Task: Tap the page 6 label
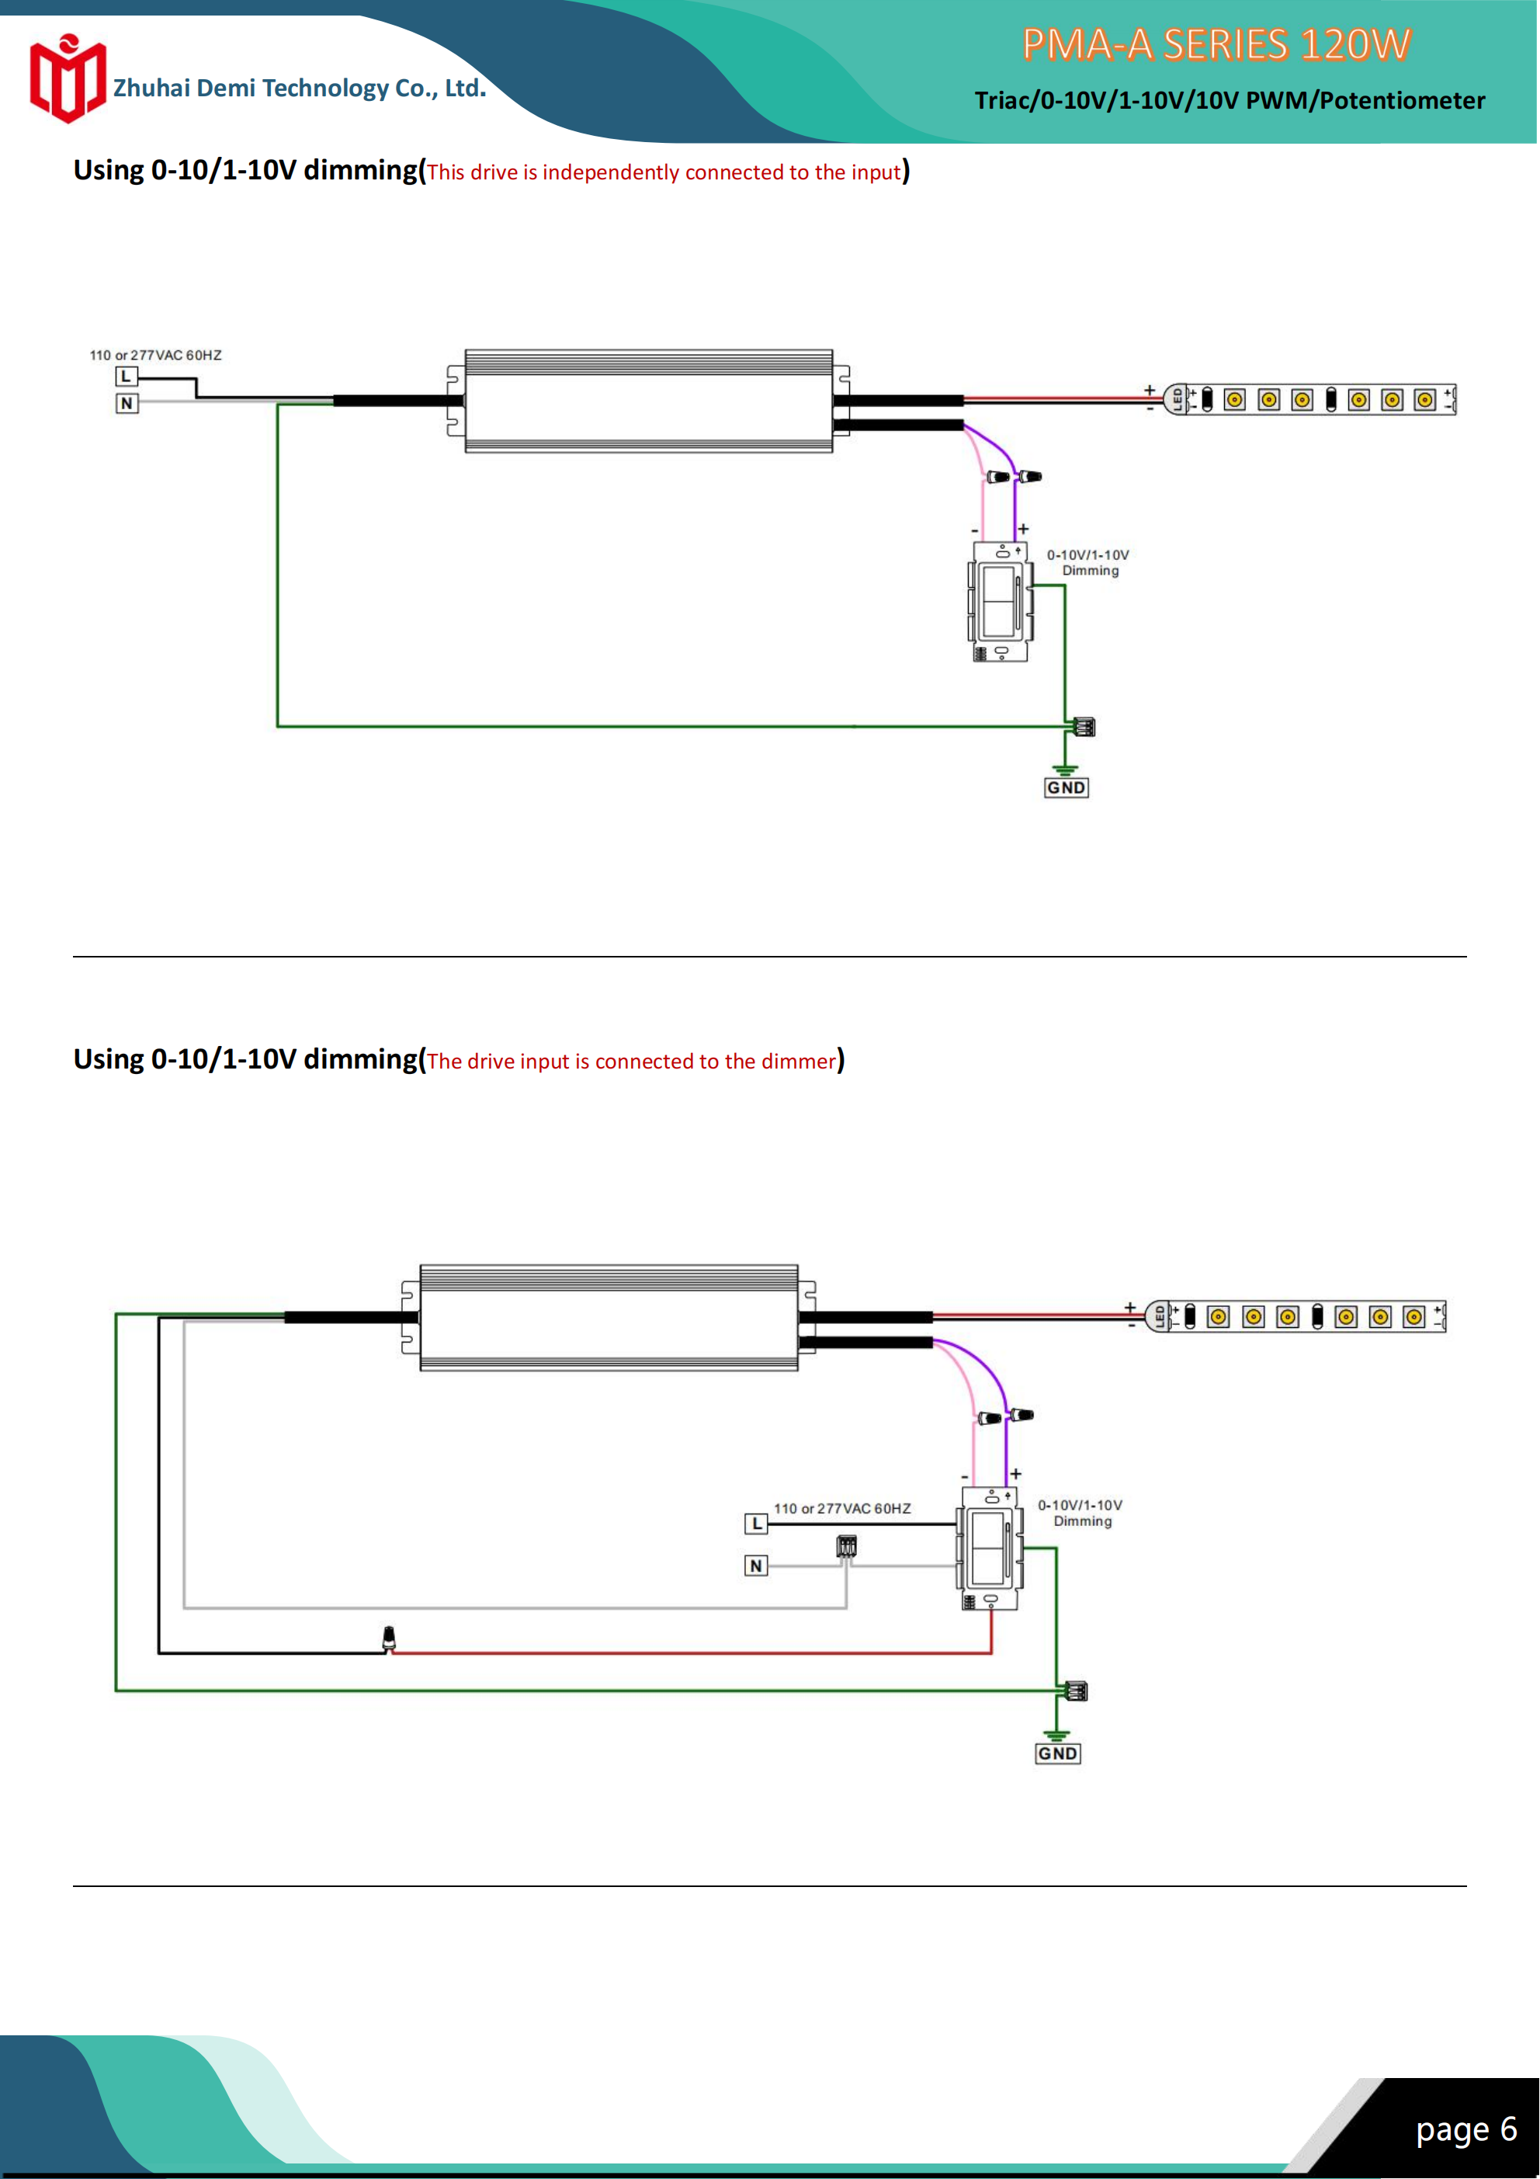point(1466,2129)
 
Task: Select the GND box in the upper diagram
point(1066,787)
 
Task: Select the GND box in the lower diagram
point(1057,1753)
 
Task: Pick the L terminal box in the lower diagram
point(755,1524)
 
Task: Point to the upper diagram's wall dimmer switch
point(1000,602)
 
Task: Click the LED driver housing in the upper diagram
point(648,401)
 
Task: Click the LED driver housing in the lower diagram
point(609,1317)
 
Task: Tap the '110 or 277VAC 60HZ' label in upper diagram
point(155,355)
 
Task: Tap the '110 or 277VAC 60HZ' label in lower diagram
point(841,1508)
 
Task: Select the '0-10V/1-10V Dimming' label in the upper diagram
point(1088,563)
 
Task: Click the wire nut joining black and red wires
point(388,1638)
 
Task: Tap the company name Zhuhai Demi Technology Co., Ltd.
point(299,89)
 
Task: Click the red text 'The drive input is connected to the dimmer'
point(631,1061)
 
